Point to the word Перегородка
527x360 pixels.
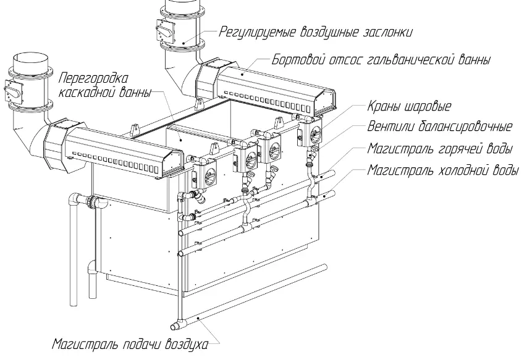(x=94, y=78)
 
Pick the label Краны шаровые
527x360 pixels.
(x=409, y=106)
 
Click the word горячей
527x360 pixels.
(x=457, y=149)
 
